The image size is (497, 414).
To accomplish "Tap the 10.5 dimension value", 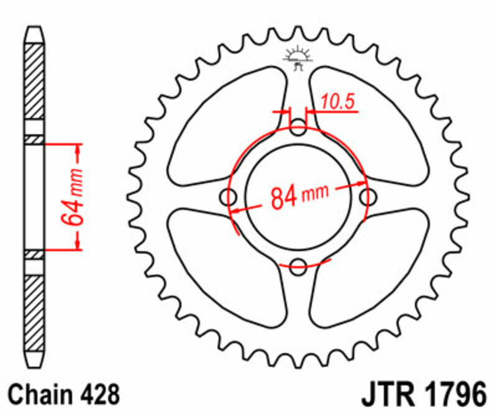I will [340, 103].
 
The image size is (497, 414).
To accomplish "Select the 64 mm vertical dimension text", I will [71, 197].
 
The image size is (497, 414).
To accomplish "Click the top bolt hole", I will [299, 130].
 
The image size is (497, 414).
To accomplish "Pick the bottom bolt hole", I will [299, 265].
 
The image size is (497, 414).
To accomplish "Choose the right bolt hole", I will [368, 198].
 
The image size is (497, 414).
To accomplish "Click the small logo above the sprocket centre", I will [299, 57].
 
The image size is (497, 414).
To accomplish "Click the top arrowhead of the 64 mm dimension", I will [78, 150].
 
